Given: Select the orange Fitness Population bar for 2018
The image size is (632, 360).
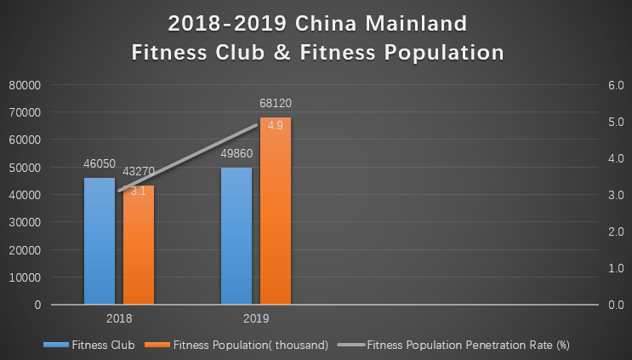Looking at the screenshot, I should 139,251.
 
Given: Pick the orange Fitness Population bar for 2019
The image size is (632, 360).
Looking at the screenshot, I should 276,213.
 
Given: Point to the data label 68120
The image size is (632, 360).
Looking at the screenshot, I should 276,104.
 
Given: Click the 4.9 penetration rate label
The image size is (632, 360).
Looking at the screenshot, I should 276,126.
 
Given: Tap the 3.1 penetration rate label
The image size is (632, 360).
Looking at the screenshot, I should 139,191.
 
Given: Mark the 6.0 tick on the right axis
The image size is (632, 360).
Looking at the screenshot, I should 614,85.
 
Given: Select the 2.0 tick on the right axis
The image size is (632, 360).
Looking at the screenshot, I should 614,231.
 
